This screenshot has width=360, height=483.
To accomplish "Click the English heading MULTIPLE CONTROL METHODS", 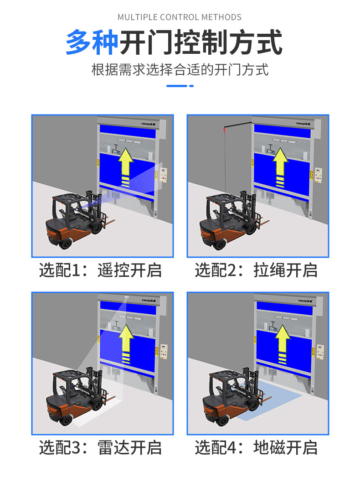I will coord(180,17).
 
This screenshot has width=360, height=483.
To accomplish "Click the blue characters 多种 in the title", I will coord(92,43).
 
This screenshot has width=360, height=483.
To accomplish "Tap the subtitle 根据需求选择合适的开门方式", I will coord(180,70).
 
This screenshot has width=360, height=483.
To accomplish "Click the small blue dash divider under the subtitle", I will coord(180,86).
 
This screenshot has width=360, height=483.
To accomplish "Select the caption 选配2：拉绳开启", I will coord(256,270).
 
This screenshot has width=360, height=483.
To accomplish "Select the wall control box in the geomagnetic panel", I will coord(318,353).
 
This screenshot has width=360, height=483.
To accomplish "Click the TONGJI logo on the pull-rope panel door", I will coord(303,123).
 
